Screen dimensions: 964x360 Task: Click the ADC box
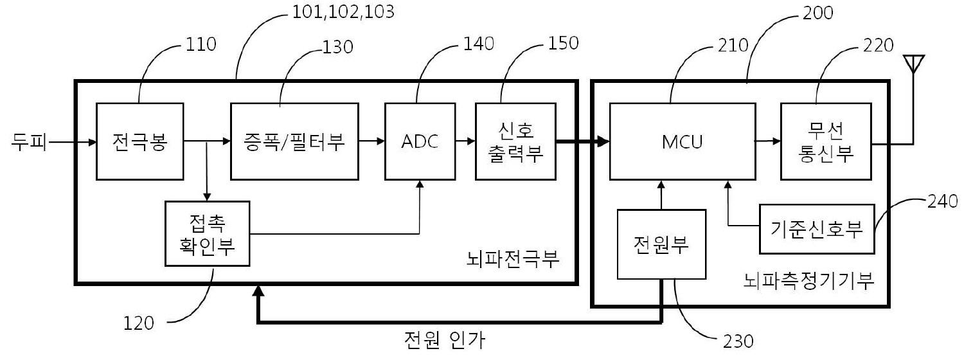coord(420,141)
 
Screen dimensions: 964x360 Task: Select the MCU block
coord(682,141)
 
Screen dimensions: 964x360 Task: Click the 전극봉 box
coord(140,141)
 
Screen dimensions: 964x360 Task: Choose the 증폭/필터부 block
coord(294,141)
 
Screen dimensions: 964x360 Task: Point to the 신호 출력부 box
coord(515,141)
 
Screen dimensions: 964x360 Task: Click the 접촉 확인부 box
coord(208,233)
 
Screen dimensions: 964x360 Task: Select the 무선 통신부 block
coord(826,141)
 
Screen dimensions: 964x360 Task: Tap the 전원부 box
coord(661,244)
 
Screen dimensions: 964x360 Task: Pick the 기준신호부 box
coord(817,229)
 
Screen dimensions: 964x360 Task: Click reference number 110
coord(201,44)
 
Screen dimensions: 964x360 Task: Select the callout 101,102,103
coord(343,12)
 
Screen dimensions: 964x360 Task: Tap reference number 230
coord(738,341)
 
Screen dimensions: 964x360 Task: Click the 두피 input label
coord(29,141)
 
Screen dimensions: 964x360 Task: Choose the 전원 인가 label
coord(445,340)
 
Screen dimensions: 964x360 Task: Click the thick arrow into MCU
coord(583,141)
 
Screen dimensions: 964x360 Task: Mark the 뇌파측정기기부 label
coord(808,281)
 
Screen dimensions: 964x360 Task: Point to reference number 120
coord(139,323)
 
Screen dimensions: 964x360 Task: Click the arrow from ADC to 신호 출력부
coord(465,141)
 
